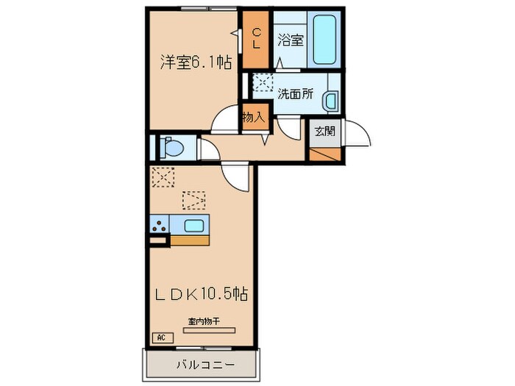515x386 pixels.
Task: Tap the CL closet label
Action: coord(257,37)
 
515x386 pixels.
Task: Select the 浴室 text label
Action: coord(291,40)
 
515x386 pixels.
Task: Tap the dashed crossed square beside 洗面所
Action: coord(262,84)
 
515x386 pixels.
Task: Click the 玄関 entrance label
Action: coord(324,132)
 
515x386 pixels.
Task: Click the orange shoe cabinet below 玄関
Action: coord(324,154)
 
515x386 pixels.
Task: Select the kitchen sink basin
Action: coord(193,226)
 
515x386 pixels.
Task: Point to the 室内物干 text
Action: coord(206,321)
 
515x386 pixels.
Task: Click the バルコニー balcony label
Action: coord(205,364)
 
